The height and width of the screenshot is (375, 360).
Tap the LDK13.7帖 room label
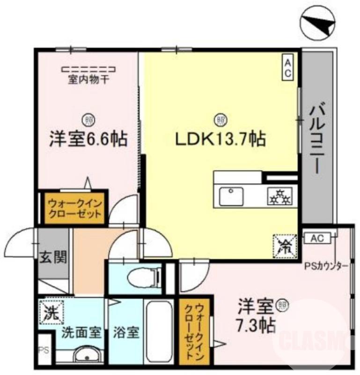point(220,139)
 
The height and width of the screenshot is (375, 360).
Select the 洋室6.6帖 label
point(88,139)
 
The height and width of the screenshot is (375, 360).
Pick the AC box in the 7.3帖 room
point(317,239)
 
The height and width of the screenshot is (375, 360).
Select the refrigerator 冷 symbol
point(285,245)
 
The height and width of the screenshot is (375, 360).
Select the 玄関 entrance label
point(52,257)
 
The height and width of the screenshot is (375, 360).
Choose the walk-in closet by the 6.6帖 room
point(73,208)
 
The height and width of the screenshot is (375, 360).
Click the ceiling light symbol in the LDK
point(219,120)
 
